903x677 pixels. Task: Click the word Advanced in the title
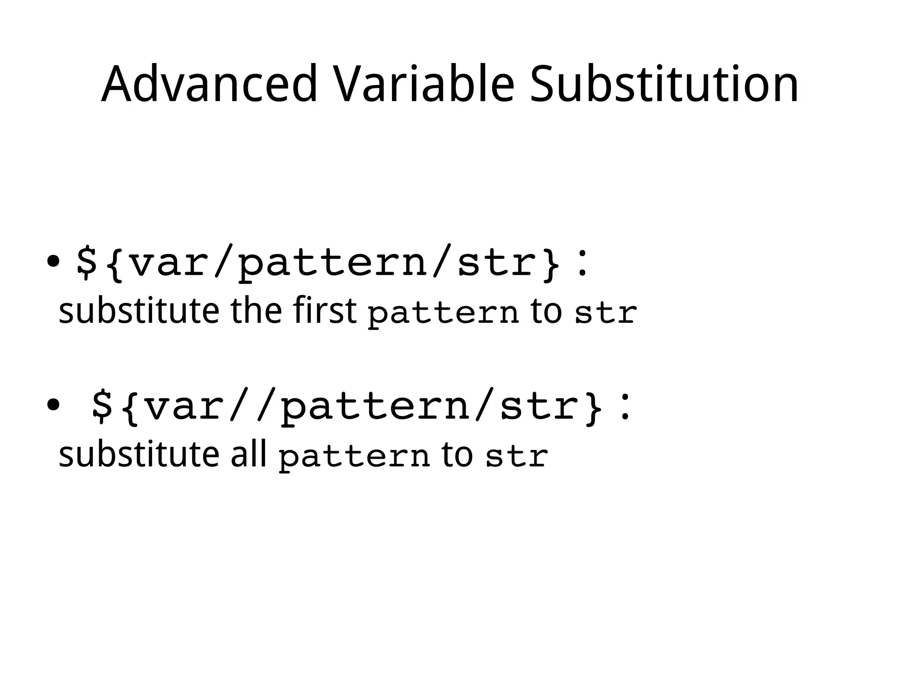click(209, 84)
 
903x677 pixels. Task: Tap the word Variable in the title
click(424, 84)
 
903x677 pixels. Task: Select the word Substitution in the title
click(664, 84)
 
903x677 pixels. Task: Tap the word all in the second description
click(249, 454)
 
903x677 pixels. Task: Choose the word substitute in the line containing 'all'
click(138, 454)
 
